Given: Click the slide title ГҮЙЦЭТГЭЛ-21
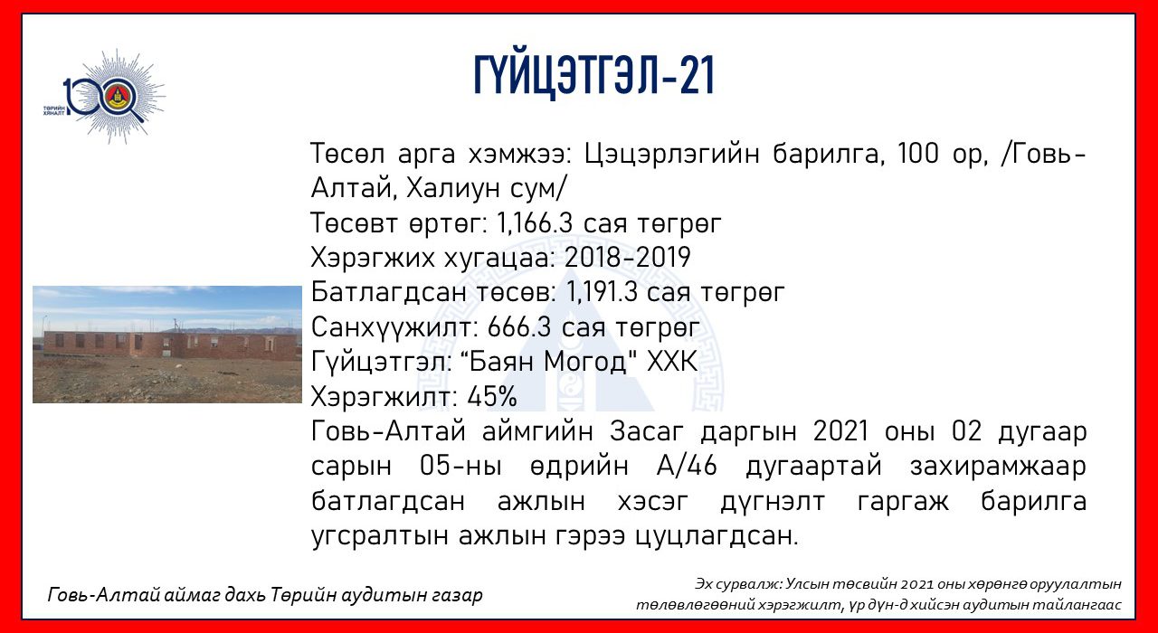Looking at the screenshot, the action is (593, 75).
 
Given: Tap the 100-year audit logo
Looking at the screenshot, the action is (105, 97).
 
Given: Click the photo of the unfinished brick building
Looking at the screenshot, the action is (167, 345).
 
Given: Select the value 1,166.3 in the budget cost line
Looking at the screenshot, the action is (535, 223).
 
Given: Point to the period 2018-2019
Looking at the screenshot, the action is (627, 258).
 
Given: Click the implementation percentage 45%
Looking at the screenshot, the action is (491, 397).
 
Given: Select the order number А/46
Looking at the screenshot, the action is (687, 466).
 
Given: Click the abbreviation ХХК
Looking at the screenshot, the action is (672, 362).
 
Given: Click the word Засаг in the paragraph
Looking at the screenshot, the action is (646, 431).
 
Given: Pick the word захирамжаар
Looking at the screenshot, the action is (998, 467).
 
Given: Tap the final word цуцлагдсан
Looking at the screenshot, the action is (716, 537).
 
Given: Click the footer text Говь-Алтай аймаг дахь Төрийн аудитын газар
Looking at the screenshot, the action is (265, 595).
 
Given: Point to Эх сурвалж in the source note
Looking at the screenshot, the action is (737, 584).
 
